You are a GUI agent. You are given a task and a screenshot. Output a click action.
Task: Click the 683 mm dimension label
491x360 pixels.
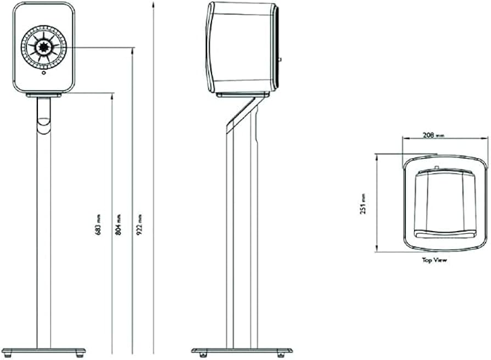pos(98,224)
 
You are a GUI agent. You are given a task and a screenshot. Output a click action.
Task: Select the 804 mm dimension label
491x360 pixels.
pos(119,224)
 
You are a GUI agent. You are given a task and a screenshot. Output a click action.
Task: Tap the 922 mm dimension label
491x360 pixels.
pos(140,224)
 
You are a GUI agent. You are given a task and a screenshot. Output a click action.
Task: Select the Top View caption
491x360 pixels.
pos(434,260)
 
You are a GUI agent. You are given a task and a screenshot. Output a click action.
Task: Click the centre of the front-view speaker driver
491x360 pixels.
pos(44,47)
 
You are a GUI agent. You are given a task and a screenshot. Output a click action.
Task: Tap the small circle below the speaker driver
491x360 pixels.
pos(44,72)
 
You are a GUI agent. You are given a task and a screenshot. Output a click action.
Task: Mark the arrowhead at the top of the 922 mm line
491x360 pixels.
pos(153,4)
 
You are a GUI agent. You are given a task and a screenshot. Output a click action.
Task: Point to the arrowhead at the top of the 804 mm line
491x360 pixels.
pos(132,51)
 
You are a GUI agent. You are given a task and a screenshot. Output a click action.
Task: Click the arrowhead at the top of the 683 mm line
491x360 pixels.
pos(112,95)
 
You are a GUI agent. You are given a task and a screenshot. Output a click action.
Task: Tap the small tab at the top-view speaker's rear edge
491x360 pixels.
pos(437,168)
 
